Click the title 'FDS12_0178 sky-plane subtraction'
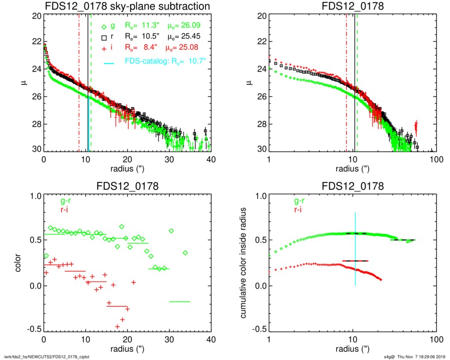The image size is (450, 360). [x=127, y=7]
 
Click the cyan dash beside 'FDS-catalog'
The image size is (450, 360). [x=108, y=63]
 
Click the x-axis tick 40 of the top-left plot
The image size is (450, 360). [x=211, y=159]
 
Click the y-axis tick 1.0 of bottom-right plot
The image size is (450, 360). [x=257, y=196]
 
